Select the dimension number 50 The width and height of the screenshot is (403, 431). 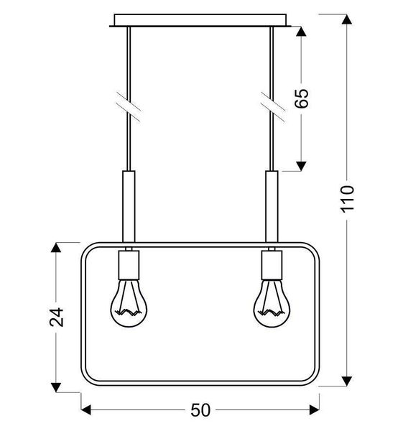point(200,411)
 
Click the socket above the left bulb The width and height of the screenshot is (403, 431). point(129,263)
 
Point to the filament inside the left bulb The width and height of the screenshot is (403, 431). point(128,311)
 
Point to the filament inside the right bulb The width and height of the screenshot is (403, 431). point(271,311)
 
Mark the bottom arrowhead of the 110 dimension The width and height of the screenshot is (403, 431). point(347,381)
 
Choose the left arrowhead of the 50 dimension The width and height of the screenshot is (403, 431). point(85,410)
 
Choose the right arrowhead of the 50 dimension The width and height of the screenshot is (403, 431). point(315,410)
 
